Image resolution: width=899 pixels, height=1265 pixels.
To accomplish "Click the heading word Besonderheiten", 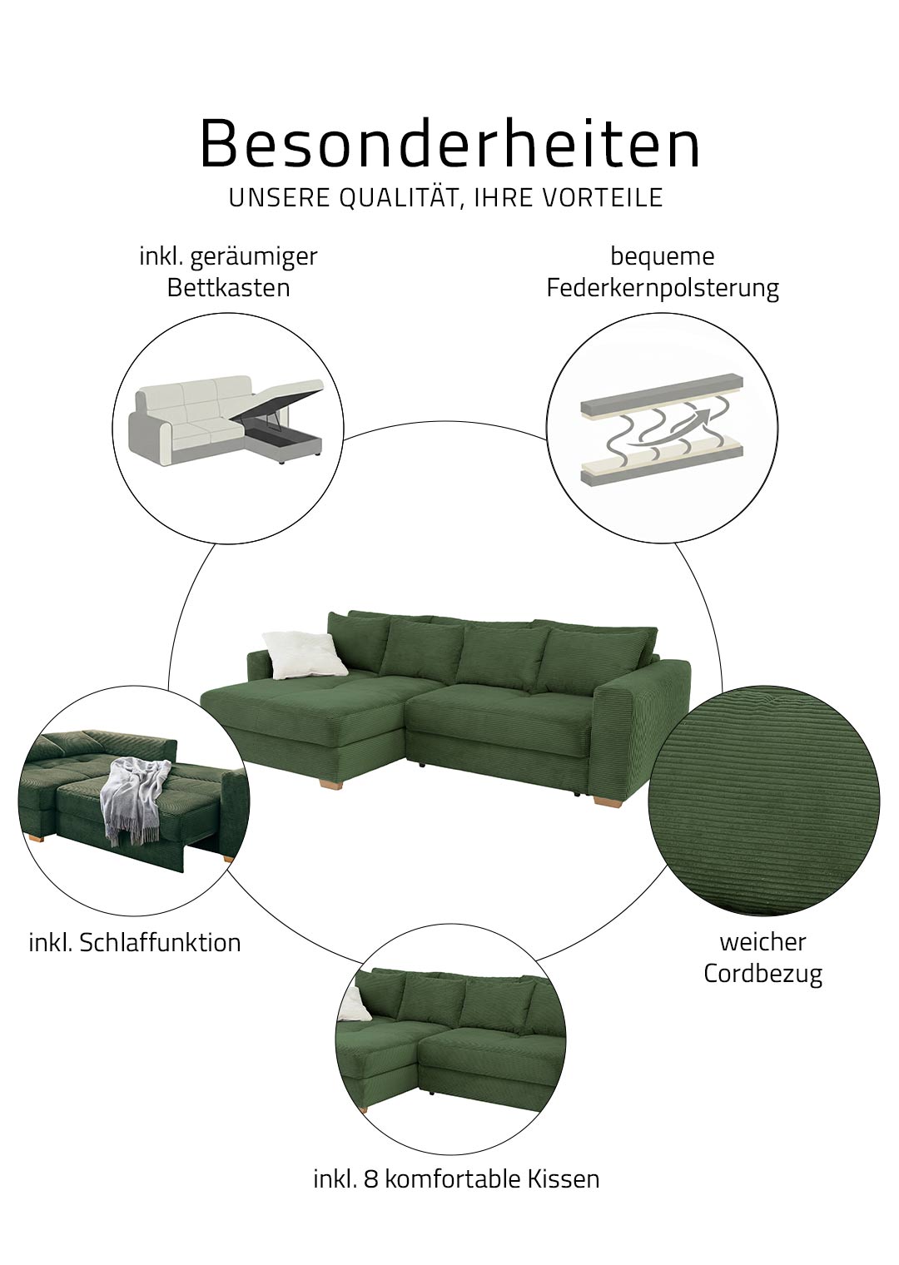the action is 450,143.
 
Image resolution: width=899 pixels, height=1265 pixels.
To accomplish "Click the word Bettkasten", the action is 229,288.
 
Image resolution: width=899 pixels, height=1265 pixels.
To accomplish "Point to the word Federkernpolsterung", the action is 663,289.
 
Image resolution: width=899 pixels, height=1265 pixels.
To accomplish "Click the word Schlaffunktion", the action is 161,943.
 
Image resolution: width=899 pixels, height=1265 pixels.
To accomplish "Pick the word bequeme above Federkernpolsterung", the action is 663,257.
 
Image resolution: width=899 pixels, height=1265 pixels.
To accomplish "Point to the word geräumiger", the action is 254,257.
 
